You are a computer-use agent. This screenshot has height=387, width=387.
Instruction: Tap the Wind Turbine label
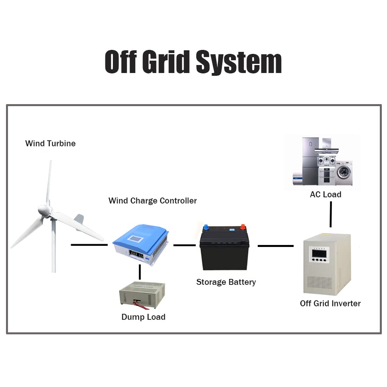50,143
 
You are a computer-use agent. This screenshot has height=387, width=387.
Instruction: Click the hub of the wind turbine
44,210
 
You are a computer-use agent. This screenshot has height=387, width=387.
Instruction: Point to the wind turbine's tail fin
79,219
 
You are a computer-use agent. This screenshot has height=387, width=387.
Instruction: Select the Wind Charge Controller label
152,201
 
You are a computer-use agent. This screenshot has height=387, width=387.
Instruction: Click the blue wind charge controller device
142,245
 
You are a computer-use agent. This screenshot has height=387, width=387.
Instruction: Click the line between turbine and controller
89,245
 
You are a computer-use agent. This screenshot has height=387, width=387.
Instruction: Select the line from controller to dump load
140,272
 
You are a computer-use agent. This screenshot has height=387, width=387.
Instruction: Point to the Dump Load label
143,317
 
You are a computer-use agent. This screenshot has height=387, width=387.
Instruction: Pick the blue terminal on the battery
206,228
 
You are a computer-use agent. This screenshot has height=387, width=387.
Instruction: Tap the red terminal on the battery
242,228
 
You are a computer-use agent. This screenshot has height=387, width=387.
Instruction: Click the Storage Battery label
226,282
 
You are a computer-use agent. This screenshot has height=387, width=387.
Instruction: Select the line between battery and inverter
275,246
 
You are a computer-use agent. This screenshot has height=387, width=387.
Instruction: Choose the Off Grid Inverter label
330,303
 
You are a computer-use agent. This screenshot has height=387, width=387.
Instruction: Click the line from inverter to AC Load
330,214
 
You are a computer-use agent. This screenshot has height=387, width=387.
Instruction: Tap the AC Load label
326,194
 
